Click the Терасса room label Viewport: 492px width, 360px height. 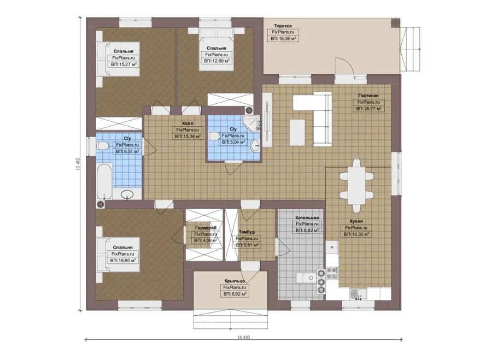(x=283, y=26)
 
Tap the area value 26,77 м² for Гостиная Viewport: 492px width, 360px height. (x=368, y=109)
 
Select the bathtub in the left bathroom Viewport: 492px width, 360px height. (x=104, y=181)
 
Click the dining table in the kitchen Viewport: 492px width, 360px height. (x=356, y=186)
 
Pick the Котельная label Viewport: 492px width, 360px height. (x=307, y=217)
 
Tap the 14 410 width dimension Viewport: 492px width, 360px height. (x=243, y=338)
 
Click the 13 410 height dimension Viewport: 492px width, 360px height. (x=78, y=164)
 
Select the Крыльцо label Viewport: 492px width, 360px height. (x=235, y=281)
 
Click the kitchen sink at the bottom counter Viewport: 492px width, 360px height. (x=358, y=294)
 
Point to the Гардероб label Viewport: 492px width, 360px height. (x=206, y=228)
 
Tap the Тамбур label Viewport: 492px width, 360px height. (x=247, y=232)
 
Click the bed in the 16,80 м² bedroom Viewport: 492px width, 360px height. (x=118, y=255)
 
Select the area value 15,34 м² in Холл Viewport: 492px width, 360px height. (x=188, y=137)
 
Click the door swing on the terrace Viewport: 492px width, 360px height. (x=345, y=67)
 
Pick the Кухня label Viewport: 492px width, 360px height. (x=356, y=221)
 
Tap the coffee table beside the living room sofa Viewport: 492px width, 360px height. (x=297, y=133)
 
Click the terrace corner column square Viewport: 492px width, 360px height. (x=396, y=22)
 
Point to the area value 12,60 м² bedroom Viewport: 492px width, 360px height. (x=216, y=61)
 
